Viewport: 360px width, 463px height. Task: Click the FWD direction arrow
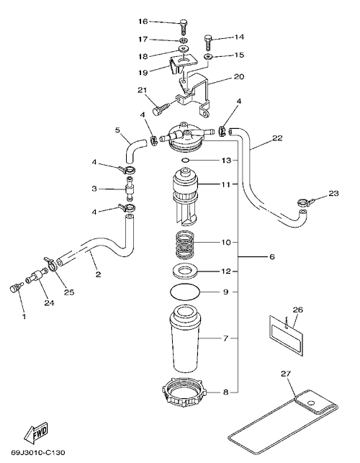pos(36,432)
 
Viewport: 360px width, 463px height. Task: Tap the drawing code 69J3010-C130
pos(38,452)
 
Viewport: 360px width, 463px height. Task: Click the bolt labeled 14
pos(208,43)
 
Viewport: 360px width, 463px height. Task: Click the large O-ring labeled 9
pos(185,292)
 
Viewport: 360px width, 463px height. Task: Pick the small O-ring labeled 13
pos(185,161)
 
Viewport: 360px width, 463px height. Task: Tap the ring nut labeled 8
pos(185,393)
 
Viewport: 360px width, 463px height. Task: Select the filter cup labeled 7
pos(185,339)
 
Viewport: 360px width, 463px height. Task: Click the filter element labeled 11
pos(185,195)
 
